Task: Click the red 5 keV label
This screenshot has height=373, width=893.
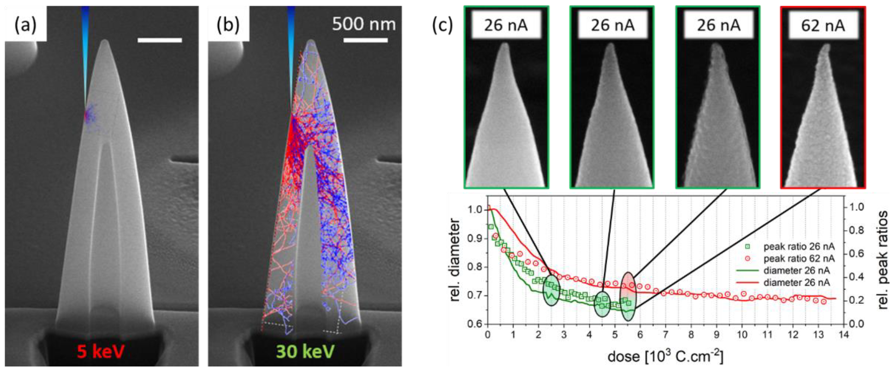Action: coord(100,351)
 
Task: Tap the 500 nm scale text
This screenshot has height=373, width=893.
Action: coord(364,24)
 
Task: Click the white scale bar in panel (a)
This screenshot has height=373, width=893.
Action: coord(160,40)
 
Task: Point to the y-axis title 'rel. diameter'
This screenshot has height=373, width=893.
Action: coord(455,260)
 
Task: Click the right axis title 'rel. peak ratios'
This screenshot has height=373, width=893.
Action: coord(883,260)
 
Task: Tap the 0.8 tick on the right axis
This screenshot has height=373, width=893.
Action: coord(856,231)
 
